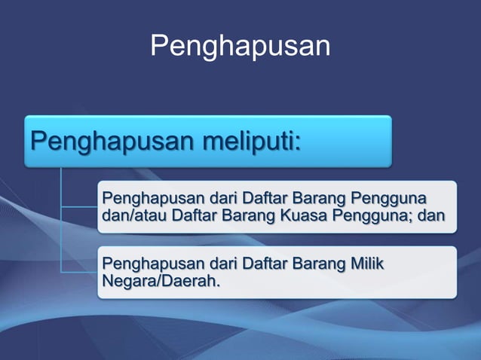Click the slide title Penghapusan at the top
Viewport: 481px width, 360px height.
pos(240,47)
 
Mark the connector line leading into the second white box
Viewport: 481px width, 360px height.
pos(79,271)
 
